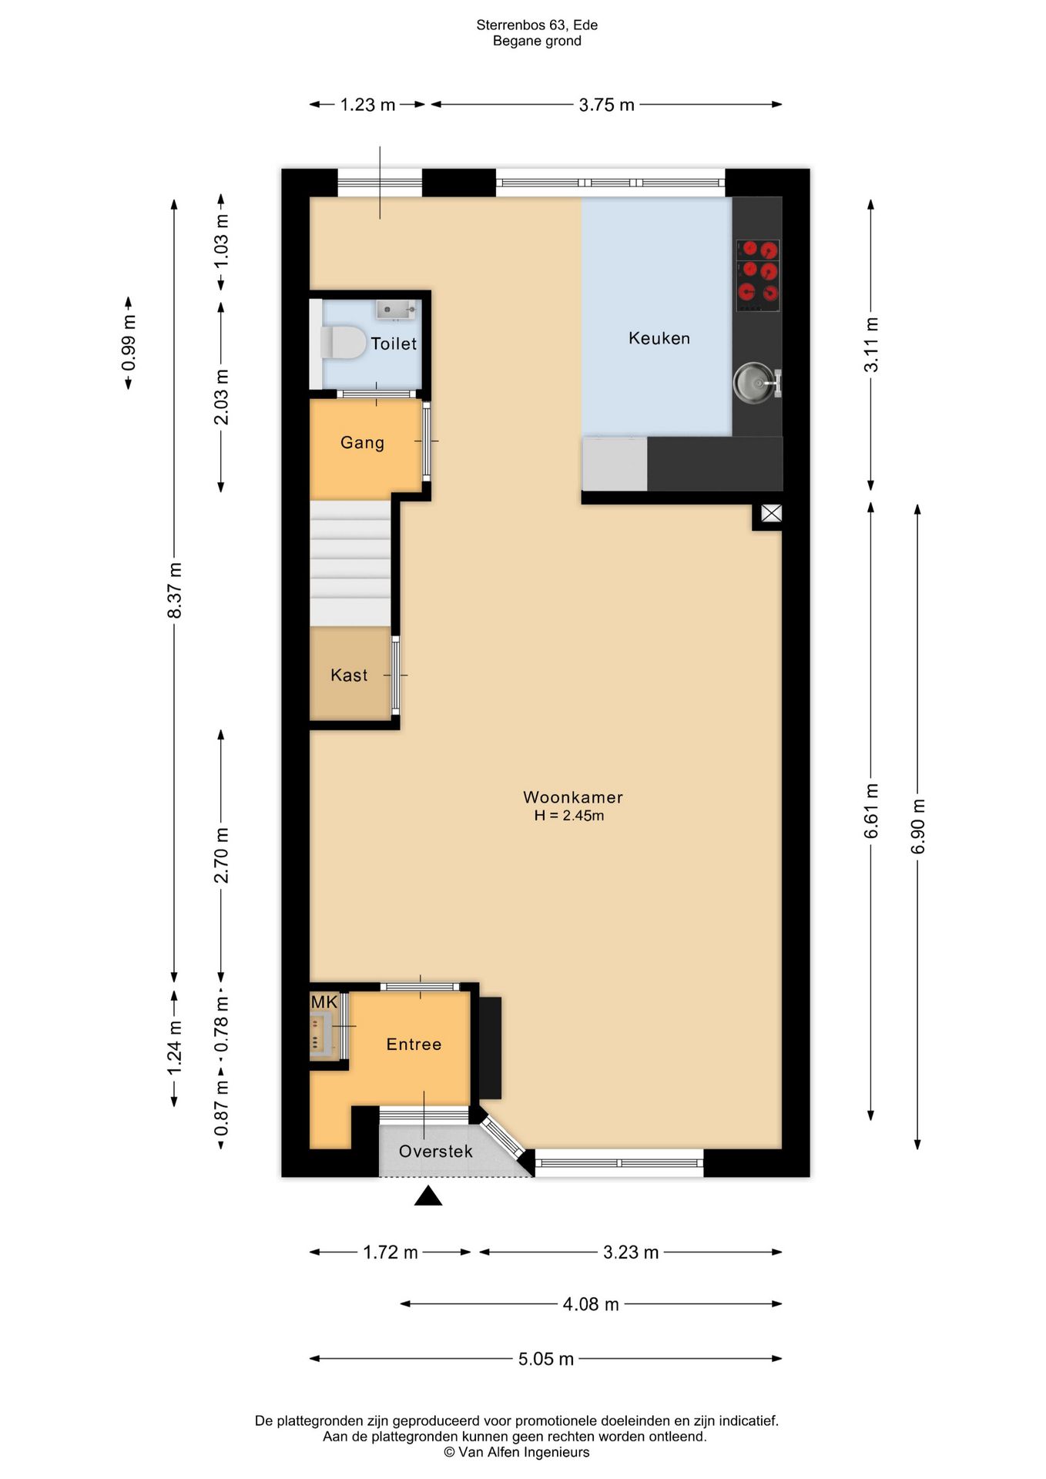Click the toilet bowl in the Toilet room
point(343,343)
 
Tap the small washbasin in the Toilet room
point(396,310)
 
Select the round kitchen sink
point(753,383)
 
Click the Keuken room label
point(659,338)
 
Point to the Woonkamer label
point(573,797)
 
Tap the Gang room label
point(362,443)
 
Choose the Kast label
point(349,676)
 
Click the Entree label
point(414,1045)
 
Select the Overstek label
point(436,1152)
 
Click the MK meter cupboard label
point(324,1002)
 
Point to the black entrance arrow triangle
point(428,1196)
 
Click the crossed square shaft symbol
point(771,513)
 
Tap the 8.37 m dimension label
point(175,590)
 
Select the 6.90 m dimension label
point(917,827)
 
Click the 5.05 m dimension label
point(546,1359)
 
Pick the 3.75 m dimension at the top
point(607,105)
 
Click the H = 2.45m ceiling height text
point(569,816)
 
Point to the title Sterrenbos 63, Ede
point(537,25)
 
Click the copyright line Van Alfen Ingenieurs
point(517,1452)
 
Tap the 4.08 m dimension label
point(591,1304)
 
